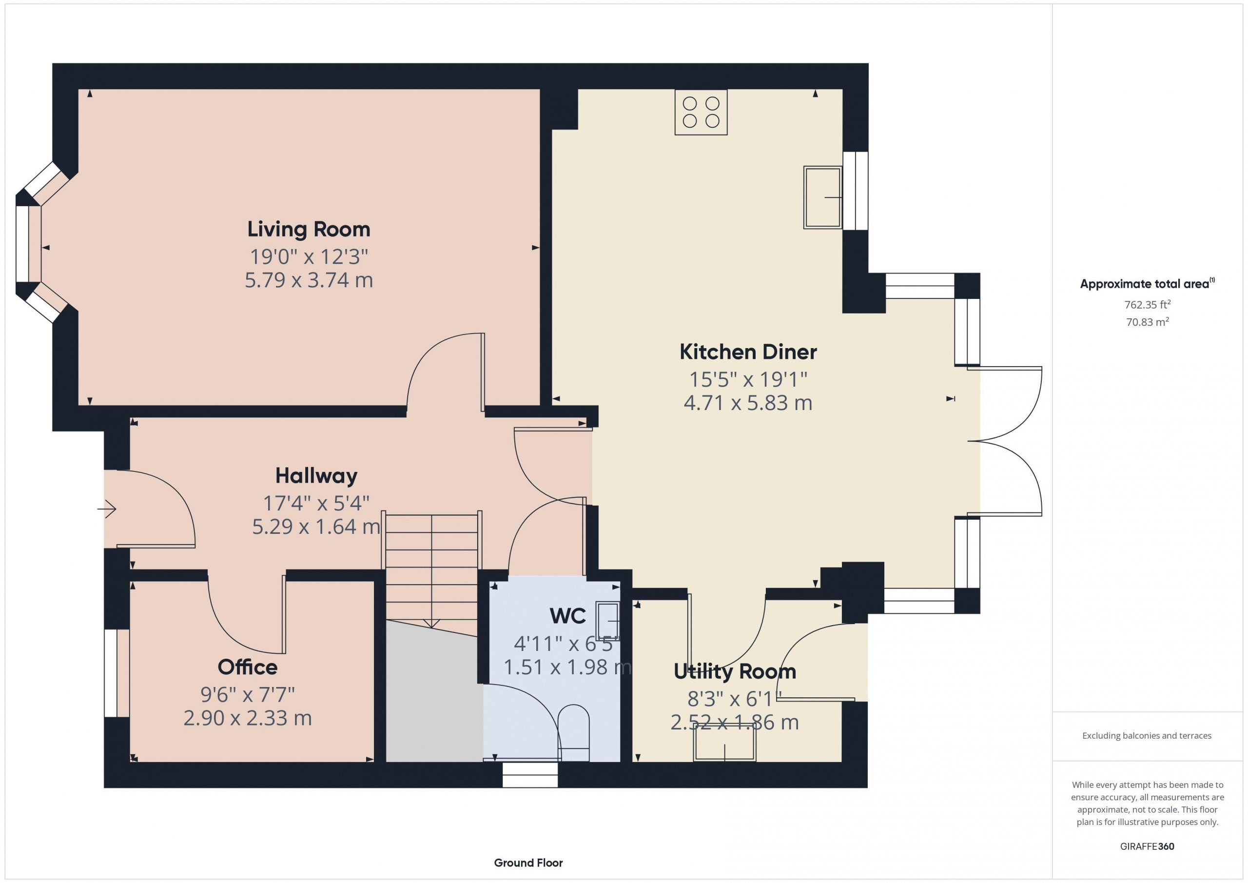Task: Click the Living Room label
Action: click(x=309, y=230)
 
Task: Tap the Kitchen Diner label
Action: click(x=748, y=352)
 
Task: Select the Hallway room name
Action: click(x=316, y=476)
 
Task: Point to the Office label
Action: click(x=247, y=667)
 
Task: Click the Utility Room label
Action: click(x=735, y=671)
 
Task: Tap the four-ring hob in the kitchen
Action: click(x=701, y=112)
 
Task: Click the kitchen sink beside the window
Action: click(x=822, y=197)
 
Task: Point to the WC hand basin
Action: click(x=607, y=620)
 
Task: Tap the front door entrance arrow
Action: click(x=107, y=509)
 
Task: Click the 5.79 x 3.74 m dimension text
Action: click(x=309, y=280)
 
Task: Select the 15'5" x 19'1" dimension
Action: click(x=748, y=379)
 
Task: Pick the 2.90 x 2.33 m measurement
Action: click(x=247, y=718)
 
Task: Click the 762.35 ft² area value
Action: click(x=1148, y=304)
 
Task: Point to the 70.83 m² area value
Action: click(x=1148, y=321)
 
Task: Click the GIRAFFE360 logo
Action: click(x=1147, y=846)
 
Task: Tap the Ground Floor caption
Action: click(x=528, y=863)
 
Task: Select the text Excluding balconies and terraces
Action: click(x=1147, y=736)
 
